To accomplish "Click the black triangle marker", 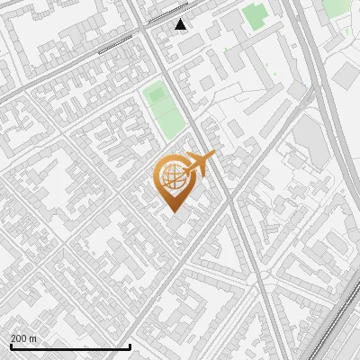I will [x=181, y=24].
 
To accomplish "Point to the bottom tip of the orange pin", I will [x=173, y=211].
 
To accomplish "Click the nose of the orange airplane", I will [x=214, y=157].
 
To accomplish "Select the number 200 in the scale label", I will [x=18, y=338].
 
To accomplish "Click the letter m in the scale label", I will [x=33, y=338].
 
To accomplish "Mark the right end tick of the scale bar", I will [x=130, y=346].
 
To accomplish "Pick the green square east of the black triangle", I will [x=255, y=15].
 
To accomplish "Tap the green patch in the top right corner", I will [x=335, y=7].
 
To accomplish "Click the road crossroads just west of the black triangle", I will [x=143, y=29].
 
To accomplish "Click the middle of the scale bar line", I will [x=69, y=346].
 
